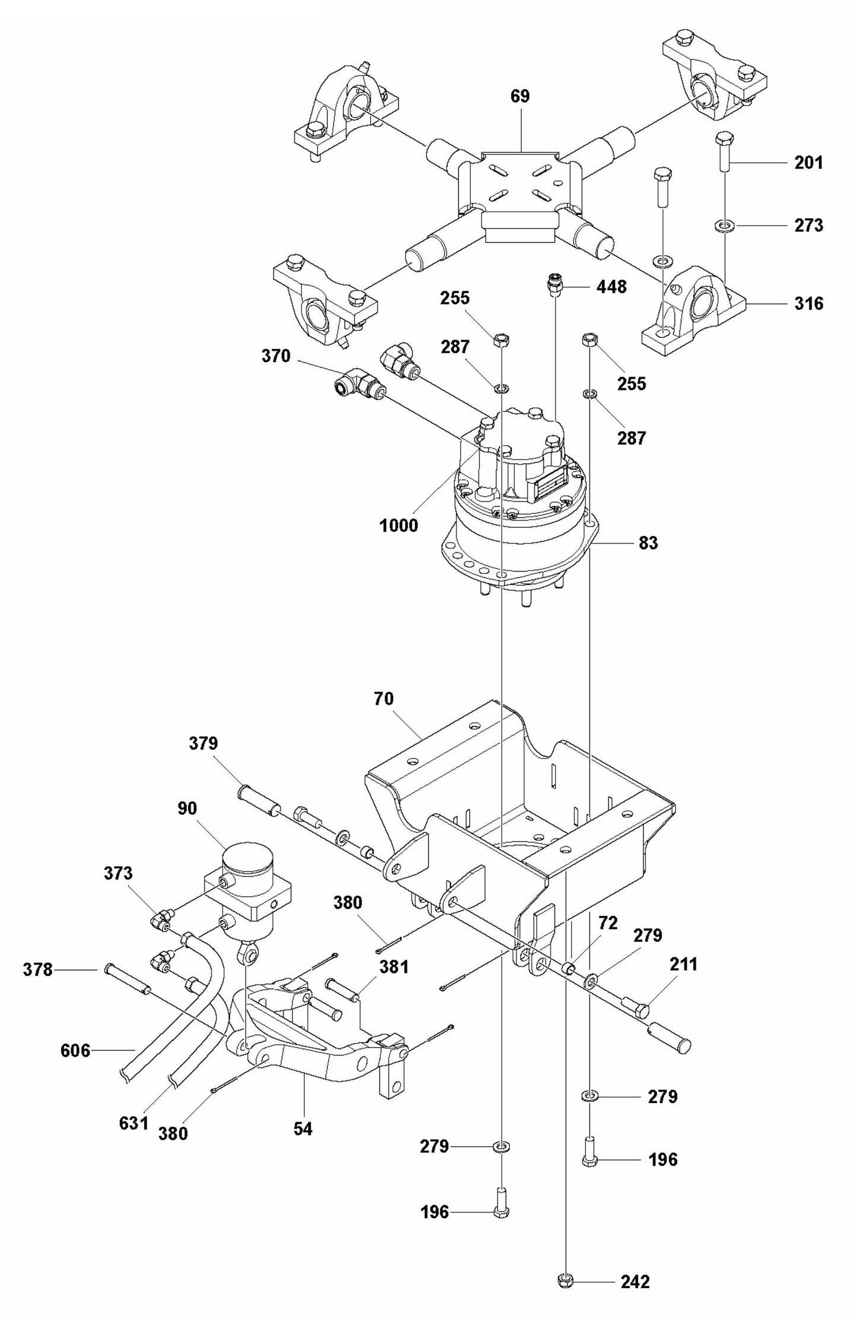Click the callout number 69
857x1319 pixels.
(520, 96)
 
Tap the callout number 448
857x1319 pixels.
(611, 287)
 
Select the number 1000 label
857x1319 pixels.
(398, 525)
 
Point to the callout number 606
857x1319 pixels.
(75, 1051)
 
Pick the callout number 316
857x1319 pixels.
(809, 304)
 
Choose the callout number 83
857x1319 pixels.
(648, 543)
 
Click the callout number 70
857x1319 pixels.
(384, 699)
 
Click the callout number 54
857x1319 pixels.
(302, 1128)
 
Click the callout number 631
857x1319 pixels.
(133, 1123)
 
